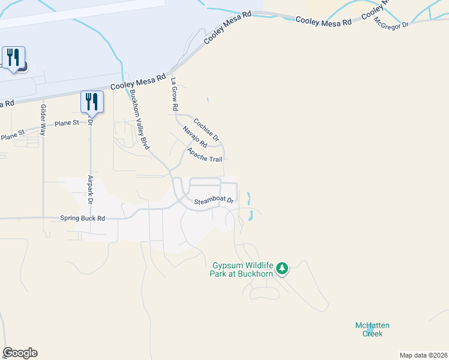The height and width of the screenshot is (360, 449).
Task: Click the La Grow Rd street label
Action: (175, 95)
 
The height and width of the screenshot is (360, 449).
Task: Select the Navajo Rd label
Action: (194, 137)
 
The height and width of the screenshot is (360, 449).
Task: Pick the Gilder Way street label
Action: (43, 119)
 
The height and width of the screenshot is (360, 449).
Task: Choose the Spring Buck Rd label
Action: (82, 218)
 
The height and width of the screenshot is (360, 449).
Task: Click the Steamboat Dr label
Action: (212, 200)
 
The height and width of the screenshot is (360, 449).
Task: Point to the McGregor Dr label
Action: (391, 25)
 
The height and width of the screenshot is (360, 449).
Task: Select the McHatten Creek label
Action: (372, 329)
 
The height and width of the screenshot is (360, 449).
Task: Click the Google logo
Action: (20, 353)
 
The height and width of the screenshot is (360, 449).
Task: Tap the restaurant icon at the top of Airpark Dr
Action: (92, 101)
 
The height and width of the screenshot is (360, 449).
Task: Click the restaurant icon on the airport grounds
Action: (13, 58)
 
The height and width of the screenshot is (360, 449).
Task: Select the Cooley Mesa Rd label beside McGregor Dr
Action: (323, 21)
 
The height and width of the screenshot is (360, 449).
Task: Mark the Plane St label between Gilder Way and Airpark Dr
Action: (67, 123)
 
